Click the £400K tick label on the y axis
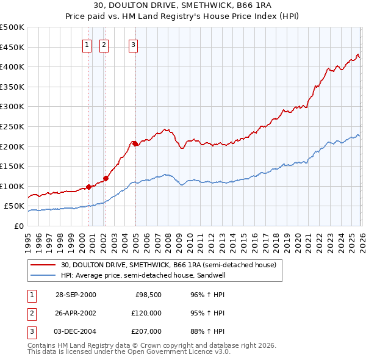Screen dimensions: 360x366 tap(12, 67)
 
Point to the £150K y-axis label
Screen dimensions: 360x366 tap(12, 166)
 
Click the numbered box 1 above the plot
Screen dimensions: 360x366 tap(87, 44)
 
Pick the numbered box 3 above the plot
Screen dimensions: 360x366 tap(133, 44)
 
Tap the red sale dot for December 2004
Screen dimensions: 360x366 tap(135, 143)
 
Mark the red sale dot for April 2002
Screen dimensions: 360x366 tap(106, 178)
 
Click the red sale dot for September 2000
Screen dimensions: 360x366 tap(88, 187)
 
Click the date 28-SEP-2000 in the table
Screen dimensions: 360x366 tap(76, 295)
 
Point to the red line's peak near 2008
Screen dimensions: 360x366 tap(166, 129)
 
